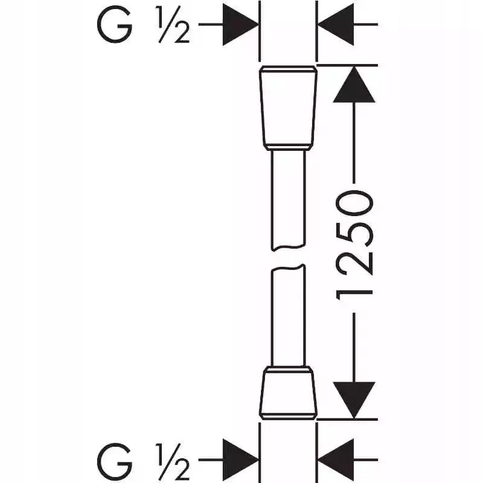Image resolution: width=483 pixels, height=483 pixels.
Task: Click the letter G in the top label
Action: tap(115, 25)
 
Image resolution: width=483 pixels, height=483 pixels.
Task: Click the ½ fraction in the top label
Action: tap(173, 25)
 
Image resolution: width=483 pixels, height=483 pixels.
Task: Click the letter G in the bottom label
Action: tap(115, 461)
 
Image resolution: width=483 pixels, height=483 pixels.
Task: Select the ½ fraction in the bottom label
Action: tap(173, 461)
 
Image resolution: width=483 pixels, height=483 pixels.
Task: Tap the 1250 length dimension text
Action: tap(354, 245)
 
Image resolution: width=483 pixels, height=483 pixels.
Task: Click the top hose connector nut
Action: tap(288, 108)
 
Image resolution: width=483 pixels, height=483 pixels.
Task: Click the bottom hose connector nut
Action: tap(288, 393)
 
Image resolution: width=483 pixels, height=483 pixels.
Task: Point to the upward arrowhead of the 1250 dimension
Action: tap(354, 84)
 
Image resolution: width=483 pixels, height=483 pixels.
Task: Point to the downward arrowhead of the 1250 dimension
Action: tap(354, 400)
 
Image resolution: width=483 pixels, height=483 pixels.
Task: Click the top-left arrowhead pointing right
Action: tap(241, 24)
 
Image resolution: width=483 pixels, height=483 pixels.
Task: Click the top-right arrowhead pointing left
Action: tap(336, 24)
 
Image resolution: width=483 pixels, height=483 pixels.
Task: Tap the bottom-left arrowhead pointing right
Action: tap(241, 460)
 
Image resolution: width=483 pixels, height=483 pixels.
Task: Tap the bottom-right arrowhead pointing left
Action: tap(336, 460)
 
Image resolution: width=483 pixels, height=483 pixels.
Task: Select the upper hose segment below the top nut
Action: tap(288, 200)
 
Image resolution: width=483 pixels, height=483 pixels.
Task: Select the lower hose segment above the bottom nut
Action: tap(288, 316)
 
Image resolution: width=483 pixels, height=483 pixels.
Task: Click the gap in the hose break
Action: tap(288, 258)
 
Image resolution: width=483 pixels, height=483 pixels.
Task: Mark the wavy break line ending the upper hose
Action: tap(288, 248)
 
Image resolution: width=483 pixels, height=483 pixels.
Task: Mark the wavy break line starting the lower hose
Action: tap(288, 267)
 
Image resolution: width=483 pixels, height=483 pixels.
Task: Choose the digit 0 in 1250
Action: tap(354, 203)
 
